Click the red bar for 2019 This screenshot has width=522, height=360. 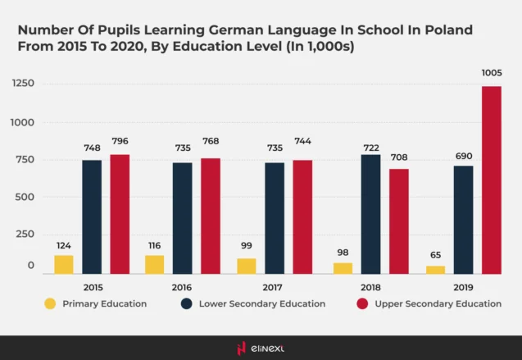(x=491, y=180)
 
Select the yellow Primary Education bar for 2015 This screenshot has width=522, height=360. (x=64, y=264)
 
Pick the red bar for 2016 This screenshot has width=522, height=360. (x=211, y=216)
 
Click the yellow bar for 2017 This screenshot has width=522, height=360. (x=247, y=266)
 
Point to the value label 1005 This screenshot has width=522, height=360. (x=491, y=73)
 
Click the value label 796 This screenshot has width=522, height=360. (x=120, y=141)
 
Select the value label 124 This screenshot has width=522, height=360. (x=64, y=245)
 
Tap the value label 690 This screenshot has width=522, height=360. (x=463, y=156)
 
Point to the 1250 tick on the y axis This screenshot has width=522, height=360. (x=23, y=84)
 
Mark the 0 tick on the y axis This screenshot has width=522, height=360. (x=31, y=266)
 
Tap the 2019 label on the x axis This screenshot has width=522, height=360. (x=463, y=287)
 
